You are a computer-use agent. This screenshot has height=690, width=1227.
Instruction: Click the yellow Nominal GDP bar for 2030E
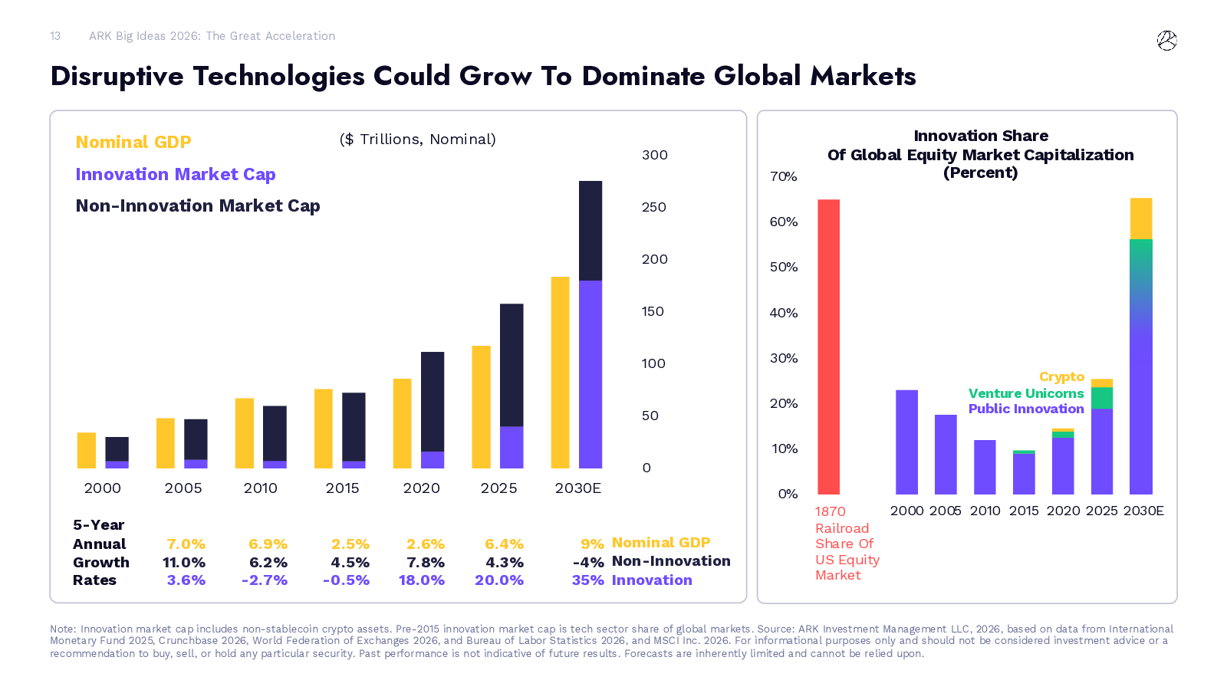(561, 373)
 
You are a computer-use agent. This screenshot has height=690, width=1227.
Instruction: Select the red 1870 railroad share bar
(828, 347)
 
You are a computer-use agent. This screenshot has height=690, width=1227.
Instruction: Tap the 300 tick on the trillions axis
(654, 155)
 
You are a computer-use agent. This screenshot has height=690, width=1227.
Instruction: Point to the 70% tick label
(783, 176)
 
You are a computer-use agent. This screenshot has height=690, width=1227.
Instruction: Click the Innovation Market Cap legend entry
(176, 174)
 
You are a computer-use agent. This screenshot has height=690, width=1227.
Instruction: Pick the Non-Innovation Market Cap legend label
(198, 205)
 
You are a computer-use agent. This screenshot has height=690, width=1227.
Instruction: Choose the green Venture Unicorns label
(1025, 393)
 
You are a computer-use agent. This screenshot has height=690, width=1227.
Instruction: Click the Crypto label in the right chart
(1061, 376)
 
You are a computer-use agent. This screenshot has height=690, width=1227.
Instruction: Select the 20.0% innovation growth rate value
(498, 580)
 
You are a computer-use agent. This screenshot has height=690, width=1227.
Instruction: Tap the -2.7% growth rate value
(264, 580)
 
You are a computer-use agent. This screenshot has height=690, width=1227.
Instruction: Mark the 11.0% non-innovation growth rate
(183, 562)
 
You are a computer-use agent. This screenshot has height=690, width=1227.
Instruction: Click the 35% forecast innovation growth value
(587, 580)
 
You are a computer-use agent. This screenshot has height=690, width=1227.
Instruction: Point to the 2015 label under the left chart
(342, 488)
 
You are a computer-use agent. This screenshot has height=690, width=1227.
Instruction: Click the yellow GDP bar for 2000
(87, 451)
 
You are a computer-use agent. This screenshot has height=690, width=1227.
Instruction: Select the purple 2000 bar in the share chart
(906, 442)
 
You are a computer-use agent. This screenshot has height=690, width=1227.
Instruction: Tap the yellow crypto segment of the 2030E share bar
(1141, 219)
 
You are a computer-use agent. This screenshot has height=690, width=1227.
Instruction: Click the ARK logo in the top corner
(1166, 41)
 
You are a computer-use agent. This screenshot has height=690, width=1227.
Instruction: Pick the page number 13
(55, 36)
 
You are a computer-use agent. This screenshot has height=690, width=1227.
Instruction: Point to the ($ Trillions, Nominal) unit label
(417, 139)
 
